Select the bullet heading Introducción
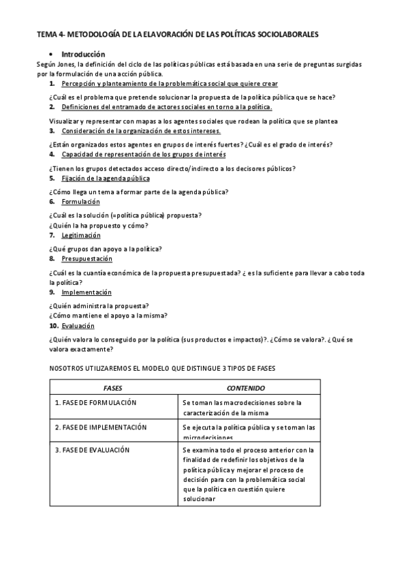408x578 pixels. pos(83,54)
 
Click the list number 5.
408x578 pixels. pos(52,179)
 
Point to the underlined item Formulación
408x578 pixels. pos(80,202)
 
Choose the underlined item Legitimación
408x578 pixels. pos(81,235)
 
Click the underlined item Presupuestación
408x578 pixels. pos(87,259)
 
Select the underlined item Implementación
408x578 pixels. pos(87,292)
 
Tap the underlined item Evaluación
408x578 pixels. pos(78,326)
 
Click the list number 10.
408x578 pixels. pos(54,326)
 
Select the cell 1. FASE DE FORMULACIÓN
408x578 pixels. pos(95,403)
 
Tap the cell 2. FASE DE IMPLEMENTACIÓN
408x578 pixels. pos(101,427)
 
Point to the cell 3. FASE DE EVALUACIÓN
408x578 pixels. pos(92,450)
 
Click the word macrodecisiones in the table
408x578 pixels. pos(244,403)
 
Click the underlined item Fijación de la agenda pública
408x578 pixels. pos(105,179)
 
